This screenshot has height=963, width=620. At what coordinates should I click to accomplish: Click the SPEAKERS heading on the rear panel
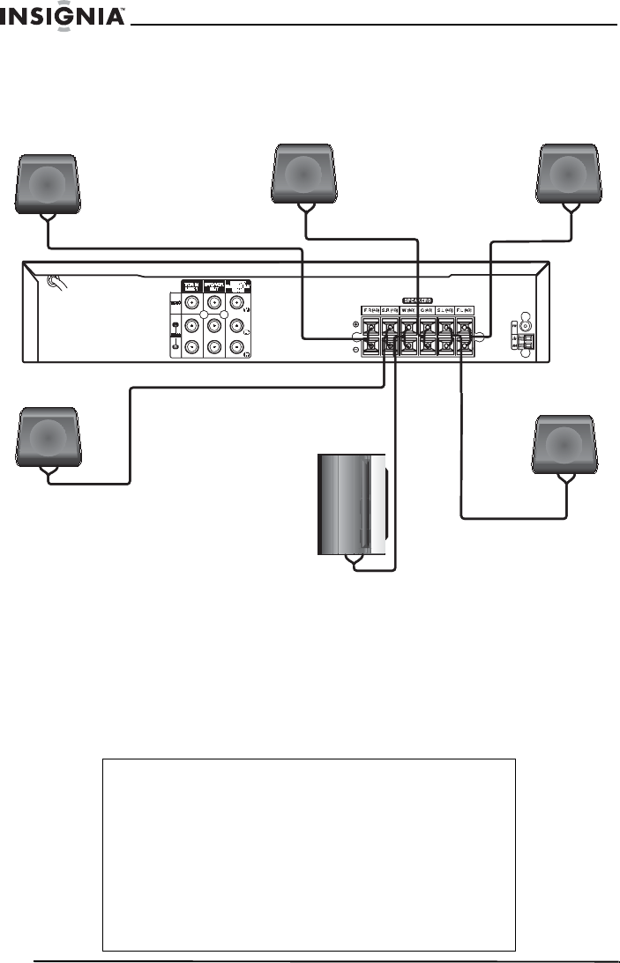(x=418, y=299)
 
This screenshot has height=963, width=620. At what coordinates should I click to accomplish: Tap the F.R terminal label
(x=372, y=310)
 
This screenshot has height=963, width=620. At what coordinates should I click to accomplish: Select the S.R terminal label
(x=391, y=310)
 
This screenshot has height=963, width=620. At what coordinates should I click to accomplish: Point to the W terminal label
(x=409, y=310)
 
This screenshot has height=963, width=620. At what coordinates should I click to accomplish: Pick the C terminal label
(x=428, y=310)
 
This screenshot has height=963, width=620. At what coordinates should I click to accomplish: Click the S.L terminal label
(x=446, y=310)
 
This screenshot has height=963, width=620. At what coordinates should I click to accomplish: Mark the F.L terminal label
(x=465, y=310)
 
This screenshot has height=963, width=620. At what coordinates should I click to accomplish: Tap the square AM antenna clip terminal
(x=527, y=338)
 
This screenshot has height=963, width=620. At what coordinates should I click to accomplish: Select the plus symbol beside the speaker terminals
(x=355, y=324)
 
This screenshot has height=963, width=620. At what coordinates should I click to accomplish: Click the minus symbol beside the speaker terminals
(x=355, y=349)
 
